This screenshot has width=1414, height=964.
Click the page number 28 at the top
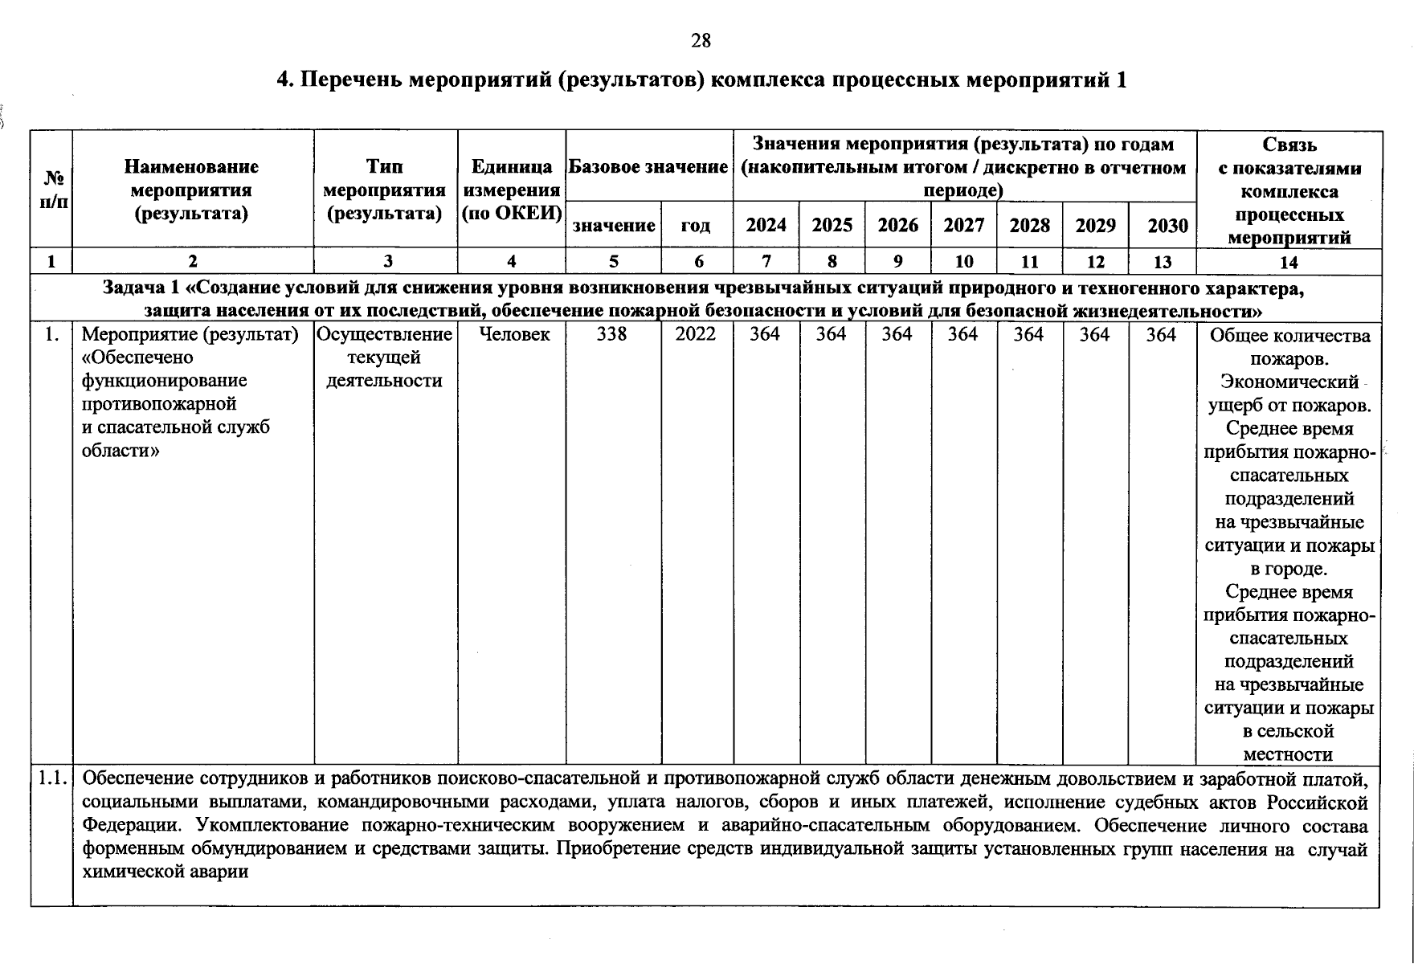(701, 41)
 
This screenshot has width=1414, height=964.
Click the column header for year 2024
(766, 225)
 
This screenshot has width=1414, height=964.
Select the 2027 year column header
(963, 225)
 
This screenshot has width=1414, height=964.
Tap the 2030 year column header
(1167, 226)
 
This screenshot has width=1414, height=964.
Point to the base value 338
(612, 334)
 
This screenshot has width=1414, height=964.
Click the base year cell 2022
(696, 334)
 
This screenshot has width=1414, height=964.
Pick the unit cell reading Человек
(514, 334)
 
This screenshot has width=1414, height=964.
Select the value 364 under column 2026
(897, 334)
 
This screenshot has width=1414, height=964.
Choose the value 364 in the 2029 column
(1094, 334)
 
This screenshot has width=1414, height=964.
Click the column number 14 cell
(1288, 262)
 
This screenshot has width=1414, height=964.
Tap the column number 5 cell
(614, 261)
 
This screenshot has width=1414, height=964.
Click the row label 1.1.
(52, 778)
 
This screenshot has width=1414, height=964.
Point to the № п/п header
(52, 189)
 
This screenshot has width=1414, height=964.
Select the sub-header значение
(613, 226)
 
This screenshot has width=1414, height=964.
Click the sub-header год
(696, 226)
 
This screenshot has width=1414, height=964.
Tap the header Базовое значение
(648, 167)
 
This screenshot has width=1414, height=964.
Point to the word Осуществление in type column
(386, 334)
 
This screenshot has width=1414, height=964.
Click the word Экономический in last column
(1289, 382)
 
